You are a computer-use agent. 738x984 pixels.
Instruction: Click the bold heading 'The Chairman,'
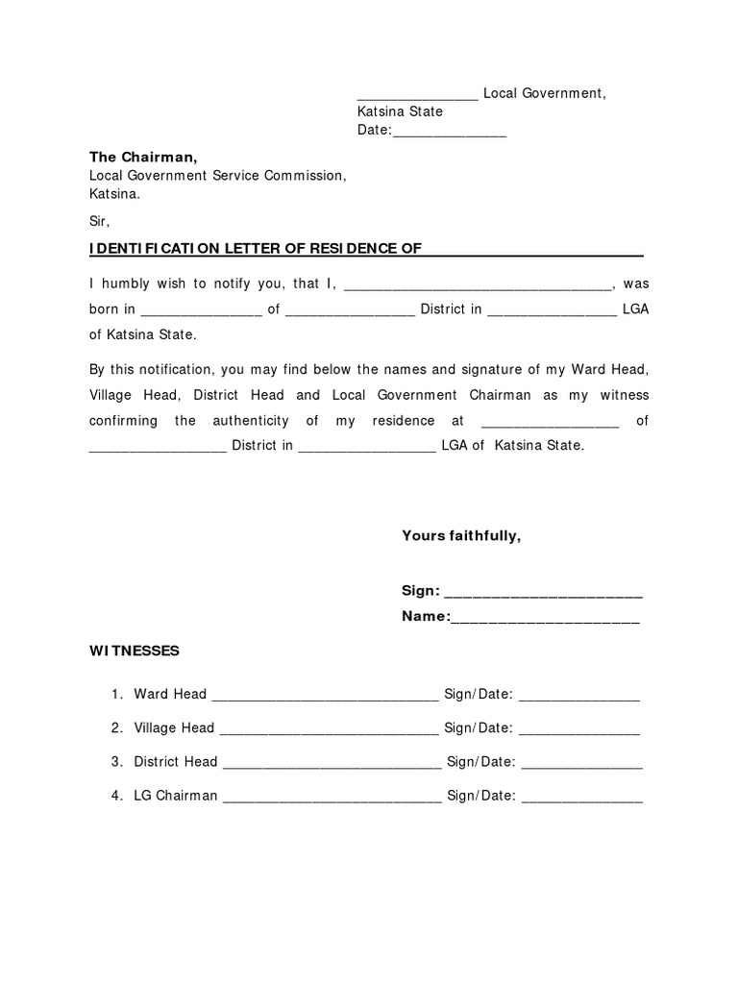pos(143,157)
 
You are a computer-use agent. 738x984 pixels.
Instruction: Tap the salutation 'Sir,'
pos(101,221)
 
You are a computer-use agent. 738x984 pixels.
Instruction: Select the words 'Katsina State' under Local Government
pos(400,111)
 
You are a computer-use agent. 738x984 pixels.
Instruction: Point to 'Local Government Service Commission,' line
pos(216,175)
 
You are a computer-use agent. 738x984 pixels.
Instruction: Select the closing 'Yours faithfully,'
pos(461,535)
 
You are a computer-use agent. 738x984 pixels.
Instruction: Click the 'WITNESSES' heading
pos(135,651)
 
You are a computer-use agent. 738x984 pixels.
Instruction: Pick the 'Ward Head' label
pos(170,694)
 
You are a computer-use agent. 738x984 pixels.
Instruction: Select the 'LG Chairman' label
pos(176,796)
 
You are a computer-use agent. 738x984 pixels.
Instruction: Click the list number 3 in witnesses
pos(115,762)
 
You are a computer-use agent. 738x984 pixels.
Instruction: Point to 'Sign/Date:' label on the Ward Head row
pos(479,694)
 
